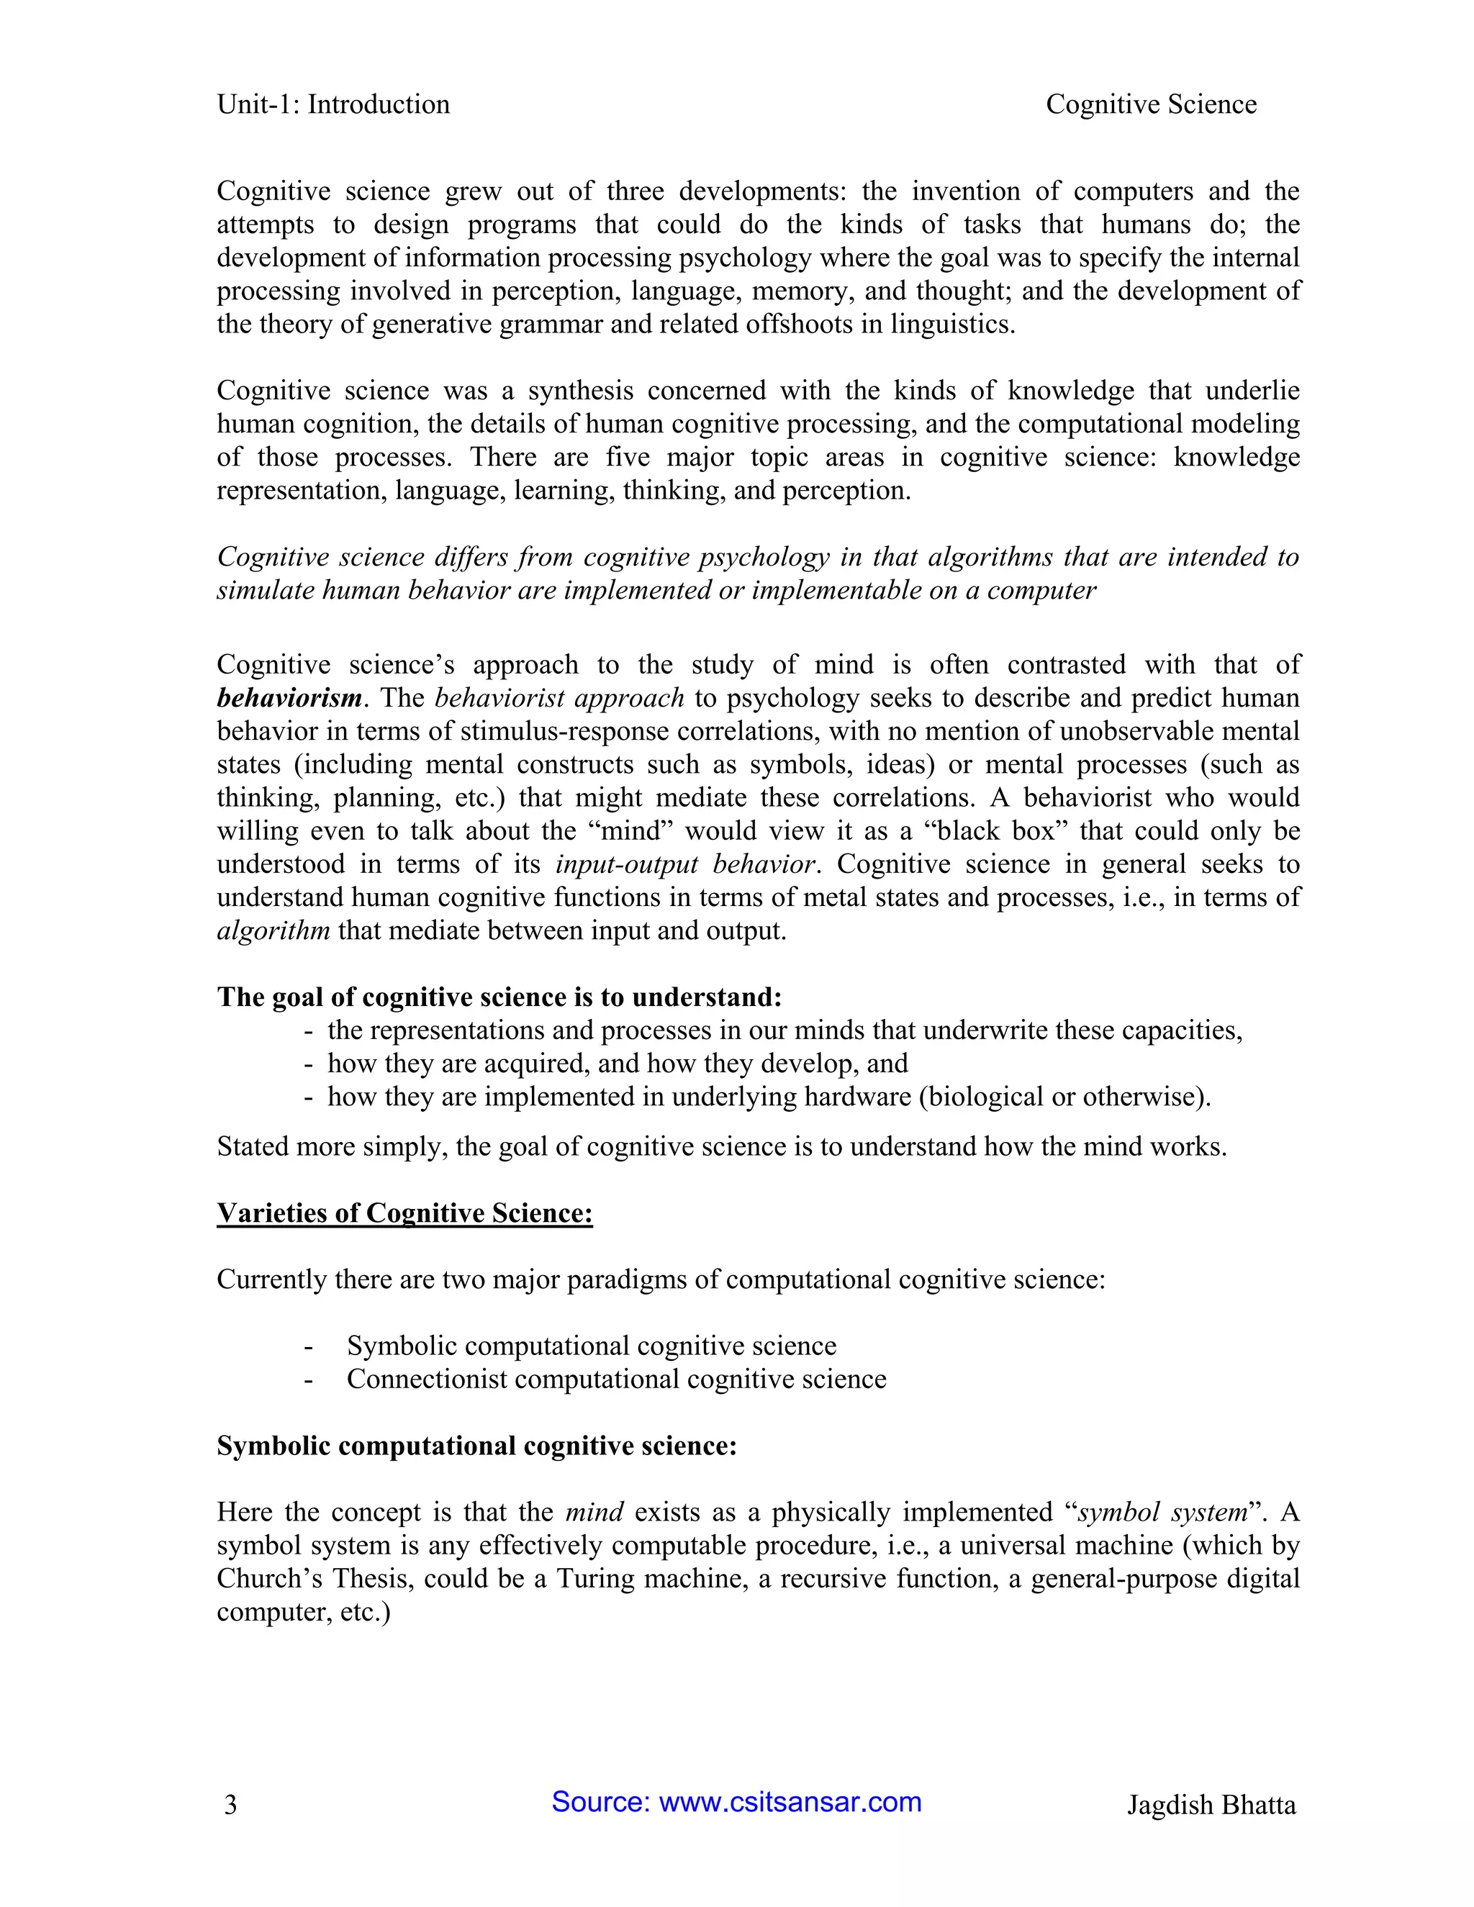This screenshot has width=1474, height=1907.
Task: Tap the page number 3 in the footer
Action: [x=230, y=1805]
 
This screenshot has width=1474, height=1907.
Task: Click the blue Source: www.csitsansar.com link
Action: [x=736, y=1802]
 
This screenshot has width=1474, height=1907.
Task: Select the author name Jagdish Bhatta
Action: [x=1211, y=1805]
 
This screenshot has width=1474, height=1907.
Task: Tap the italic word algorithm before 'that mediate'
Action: [x=273, y=930]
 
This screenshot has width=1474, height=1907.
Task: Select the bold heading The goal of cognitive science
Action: [x=499, y=997]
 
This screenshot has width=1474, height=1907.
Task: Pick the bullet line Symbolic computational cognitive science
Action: [x=591, y=1346]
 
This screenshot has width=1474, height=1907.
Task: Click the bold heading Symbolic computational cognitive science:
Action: [x=476, y=1445]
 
